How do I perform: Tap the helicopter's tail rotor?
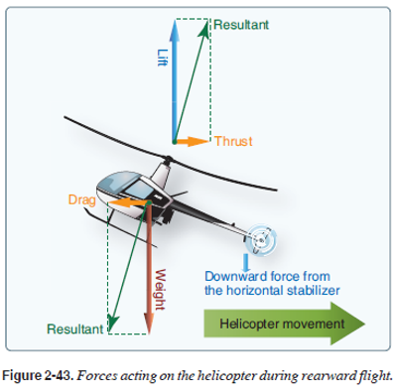pos(263,240)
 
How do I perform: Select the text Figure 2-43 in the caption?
pos(38,376)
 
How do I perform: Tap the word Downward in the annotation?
pos(235,276)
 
